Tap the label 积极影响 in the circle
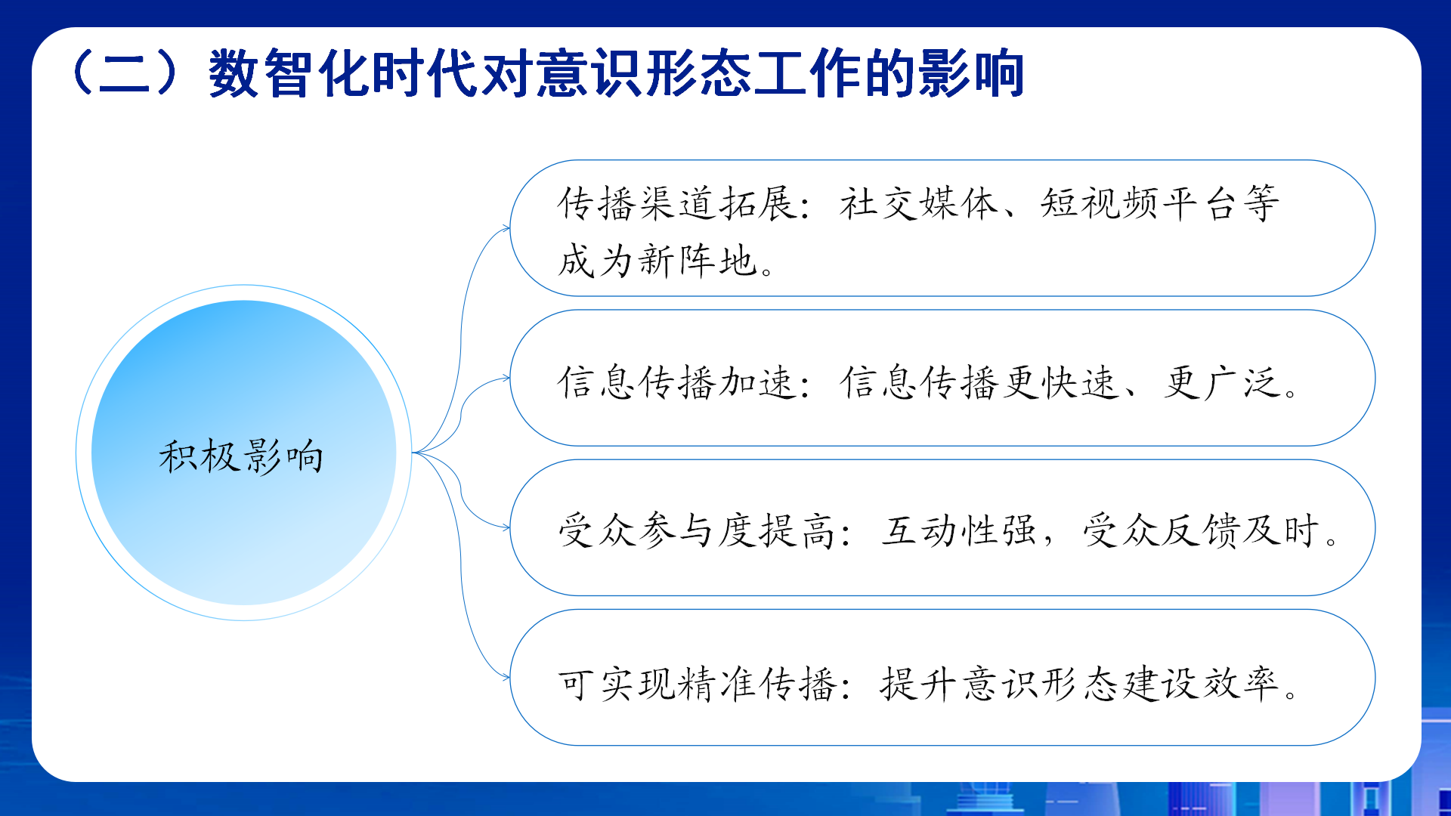[x=242, y=456]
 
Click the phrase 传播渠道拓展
[x=676, y=203]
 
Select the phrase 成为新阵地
[x=657, y=261]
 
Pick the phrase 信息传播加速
[x=676, y=382]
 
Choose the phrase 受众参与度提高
[x=696, y=530]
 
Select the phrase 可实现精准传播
[x=696, y=685]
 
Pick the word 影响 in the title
[x=970, y=73]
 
